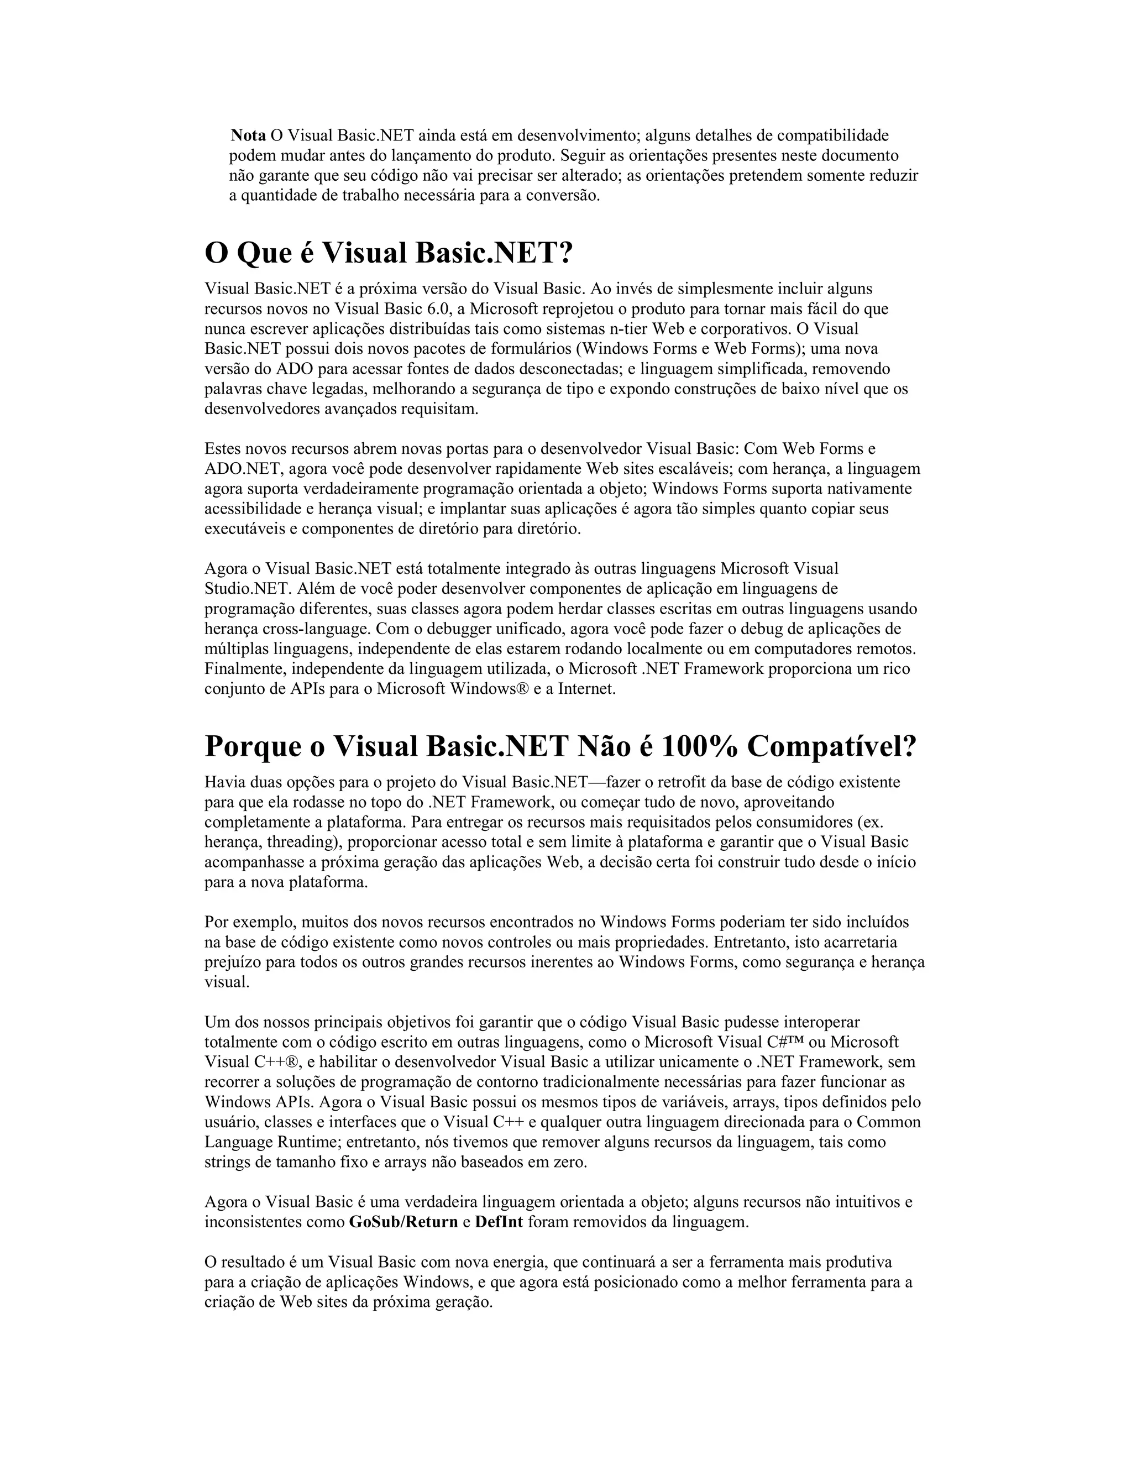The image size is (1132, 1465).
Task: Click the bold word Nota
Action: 248,135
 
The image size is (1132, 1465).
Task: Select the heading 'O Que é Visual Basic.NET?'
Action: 389,253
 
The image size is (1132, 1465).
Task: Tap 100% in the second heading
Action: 698,746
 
